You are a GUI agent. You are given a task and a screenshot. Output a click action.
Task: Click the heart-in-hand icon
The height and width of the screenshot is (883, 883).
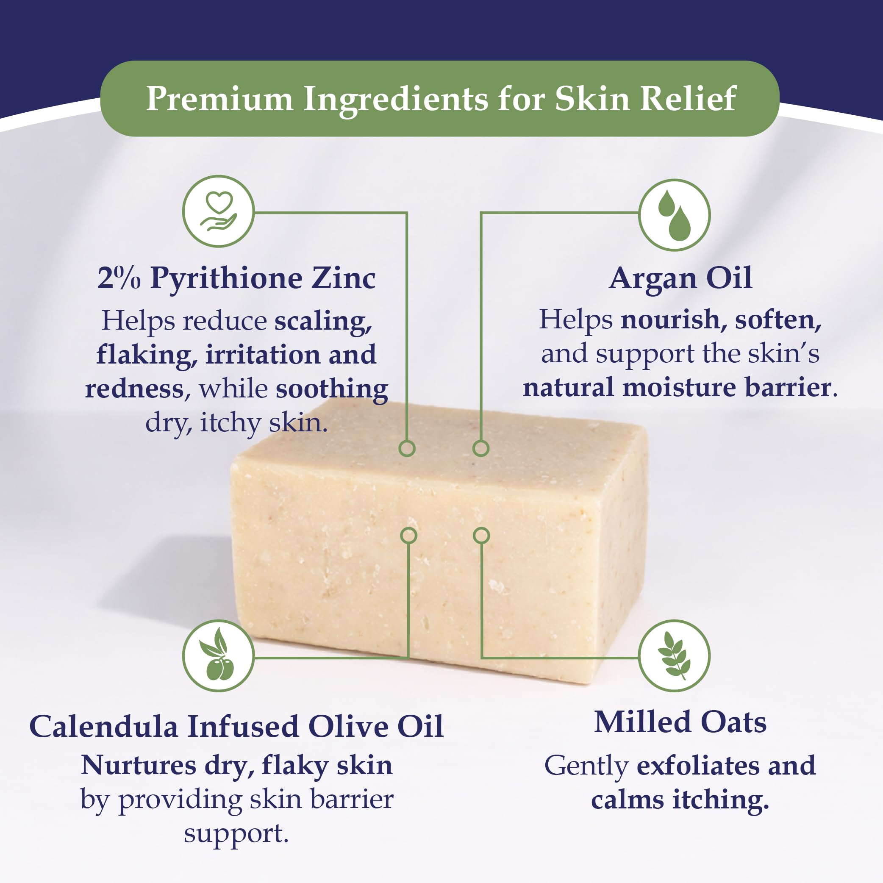pyautogui.click(x=219, y=211)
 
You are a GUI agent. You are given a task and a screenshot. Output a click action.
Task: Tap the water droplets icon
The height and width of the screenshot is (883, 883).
pyautogui.click(x=674, y=215)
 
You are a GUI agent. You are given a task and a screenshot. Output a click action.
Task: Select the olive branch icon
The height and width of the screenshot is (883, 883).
pyautogui.click(x=219, y=656)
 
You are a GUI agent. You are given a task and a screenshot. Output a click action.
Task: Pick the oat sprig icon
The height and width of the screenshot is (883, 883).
pyautogui.click(x=674, y=656)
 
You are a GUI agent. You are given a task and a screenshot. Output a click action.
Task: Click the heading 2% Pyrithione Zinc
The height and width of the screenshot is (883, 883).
pyautogui.click(x=236, y=278)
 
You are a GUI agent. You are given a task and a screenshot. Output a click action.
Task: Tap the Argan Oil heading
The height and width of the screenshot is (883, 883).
pyautogui.click(x=680, y=278)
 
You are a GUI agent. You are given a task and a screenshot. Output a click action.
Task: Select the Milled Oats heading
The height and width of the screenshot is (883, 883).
pyautogui.click(x=680, y=722)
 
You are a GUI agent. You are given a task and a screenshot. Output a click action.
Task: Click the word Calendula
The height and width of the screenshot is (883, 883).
pyautogui.click(x=104, y=726)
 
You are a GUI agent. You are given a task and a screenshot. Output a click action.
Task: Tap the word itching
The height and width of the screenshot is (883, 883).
pyautogui.click(x=720, y=800)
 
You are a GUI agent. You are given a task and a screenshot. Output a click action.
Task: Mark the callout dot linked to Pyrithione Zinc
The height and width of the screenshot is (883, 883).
pyautogui.click(x=407, y=448)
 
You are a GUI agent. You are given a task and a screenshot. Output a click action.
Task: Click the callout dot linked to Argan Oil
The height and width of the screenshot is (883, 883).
pyautogui.click(x=481, y=448)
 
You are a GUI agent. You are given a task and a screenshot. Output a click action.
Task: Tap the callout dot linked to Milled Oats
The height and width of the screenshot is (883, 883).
pyautogui.click(x=481, y=535)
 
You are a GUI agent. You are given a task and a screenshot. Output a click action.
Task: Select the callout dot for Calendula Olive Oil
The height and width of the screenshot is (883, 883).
pyautogui.click(x=408, y=535)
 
